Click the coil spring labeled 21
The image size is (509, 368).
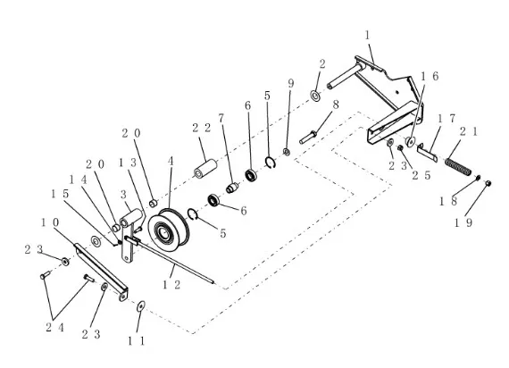[458, 167]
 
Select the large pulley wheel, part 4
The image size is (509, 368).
[169, 230]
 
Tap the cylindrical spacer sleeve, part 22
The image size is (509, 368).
[205, 168]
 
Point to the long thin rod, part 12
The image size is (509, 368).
[169, 261]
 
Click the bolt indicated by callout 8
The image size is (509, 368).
[308, 137]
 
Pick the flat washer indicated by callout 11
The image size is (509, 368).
[141, 305]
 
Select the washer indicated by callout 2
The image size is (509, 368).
[315, 96]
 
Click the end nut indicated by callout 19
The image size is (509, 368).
[488, 183]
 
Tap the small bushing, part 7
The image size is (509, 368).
[232, 188]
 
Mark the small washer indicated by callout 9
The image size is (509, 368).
[287, 152]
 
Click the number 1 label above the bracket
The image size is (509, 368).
[368, 35]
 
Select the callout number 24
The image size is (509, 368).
[54, 328]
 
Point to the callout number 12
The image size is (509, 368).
[171, 285]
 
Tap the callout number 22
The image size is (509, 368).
[201, 128]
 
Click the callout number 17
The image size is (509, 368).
[446, 119]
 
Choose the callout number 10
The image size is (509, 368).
[50, 222]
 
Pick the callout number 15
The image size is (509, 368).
[60, 194]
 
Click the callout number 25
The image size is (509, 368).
[421, 175]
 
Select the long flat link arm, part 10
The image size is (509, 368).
[101, 272]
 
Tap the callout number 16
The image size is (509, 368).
[430, 76]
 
